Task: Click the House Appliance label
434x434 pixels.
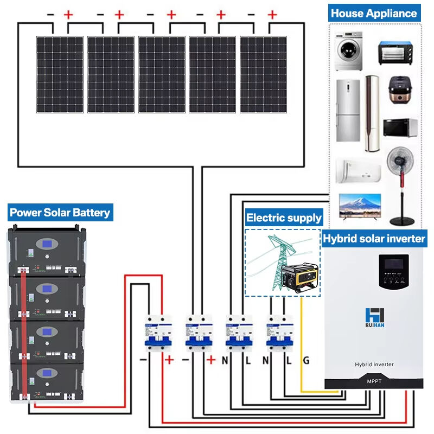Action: coord(374,13)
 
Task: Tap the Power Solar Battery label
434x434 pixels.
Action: coord(60,213)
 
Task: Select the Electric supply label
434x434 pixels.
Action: coord(284,218)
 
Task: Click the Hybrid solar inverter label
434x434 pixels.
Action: coord(374,238)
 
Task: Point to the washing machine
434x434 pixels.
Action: coord(348,53)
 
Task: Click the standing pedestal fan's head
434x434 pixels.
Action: coord(401,163)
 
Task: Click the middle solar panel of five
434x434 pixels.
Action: coord(161,74)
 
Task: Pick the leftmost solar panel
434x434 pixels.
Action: coord(60,74)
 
